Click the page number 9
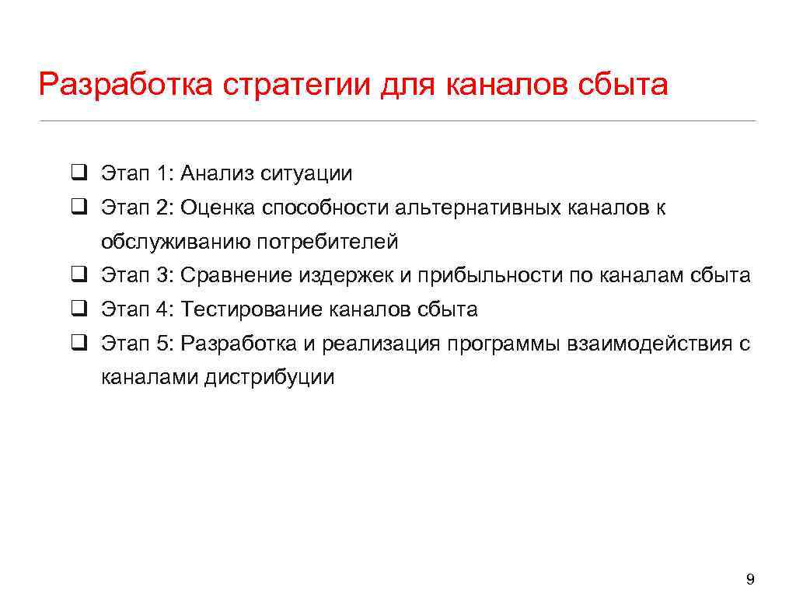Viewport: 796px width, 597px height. (x=749, y=578)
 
